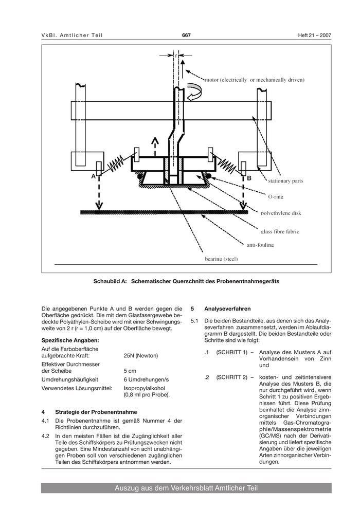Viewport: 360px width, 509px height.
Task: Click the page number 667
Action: click(x=186, y=35)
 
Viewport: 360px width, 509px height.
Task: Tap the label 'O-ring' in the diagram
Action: click(x=276, y=197)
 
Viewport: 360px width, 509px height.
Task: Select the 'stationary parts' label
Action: click(x=285, y=181)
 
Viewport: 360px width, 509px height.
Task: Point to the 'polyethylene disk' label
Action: click(x=281, y=213)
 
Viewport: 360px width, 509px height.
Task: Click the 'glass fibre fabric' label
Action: click(x=280, y=231)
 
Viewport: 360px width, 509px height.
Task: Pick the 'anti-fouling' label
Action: click(x=260, y=245)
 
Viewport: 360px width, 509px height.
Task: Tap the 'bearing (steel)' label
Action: click(x=221, y=259)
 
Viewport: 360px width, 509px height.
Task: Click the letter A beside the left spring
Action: click(x=94, y=176)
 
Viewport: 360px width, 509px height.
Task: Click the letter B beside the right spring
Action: click(x=249, y=178)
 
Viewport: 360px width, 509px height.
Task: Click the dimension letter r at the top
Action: click(x=175, y=56)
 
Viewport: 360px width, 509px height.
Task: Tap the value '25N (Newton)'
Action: click(x=141, y=355)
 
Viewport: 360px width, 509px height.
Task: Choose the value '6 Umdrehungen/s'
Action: click(x=146, y=379)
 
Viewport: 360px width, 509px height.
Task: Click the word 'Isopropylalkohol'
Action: click(x=145, y=388)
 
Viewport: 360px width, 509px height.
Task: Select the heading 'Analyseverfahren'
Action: click(x=227, y=308)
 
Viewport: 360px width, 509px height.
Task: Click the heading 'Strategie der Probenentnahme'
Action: click(x=96, y=412)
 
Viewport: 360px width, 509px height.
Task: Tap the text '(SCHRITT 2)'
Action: click(x=232, y=377)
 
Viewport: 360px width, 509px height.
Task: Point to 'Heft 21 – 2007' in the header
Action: click(x=315, y=35)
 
